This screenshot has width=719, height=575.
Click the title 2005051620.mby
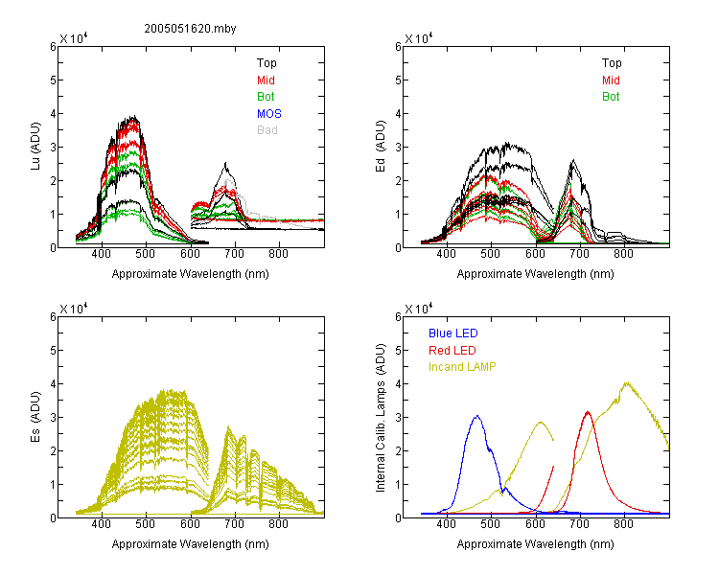coord(190,29)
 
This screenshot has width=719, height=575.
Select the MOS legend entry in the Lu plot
coord(269,114)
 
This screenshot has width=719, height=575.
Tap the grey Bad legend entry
coord(267,130)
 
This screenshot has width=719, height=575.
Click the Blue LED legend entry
coord(453,333)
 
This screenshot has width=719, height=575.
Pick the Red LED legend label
coord(452,351)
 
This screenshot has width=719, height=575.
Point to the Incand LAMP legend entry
coord(462,367)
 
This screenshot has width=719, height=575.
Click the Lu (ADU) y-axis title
coord(35,147)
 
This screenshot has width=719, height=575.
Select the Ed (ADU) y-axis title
coord(381,147)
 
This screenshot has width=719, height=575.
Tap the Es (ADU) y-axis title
coord(35,416)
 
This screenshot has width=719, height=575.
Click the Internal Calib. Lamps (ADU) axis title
coord(381,417)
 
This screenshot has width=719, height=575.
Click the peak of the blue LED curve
coord(477,416)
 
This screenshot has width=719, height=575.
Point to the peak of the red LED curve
coord(588,412)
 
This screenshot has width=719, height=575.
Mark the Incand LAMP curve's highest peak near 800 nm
coord(627,383)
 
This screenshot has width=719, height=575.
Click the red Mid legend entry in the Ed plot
coord(611,80)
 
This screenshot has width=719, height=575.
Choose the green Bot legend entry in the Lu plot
coord(266,97)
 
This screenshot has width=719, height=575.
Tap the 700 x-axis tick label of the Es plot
coord(234,524)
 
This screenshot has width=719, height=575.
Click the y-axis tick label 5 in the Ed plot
coord(398,80)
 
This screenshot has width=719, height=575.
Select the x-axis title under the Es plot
coord(191,544)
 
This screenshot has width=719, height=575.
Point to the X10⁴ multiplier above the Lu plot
coord(74,38)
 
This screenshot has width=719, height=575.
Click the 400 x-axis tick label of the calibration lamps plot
coord(446,524)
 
